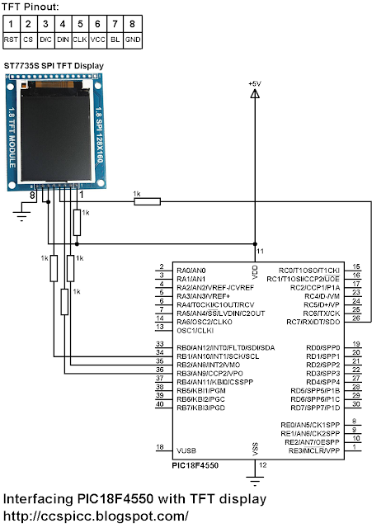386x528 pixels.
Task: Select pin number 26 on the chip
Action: [355, 318]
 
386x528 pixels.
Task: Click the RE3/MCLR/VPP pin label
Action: [311, 450]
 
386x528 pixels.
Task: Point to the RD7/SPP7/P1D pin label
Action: [311, 408]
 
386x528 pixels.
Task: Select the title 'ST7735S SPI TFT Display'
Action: [59, 67]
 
